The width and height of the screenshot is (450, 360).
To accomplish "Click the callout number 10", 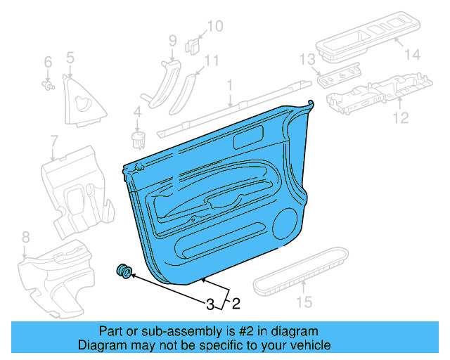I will [x=214, y=27].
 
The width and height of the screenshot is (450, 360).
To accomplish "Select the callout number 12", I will [x=400, y=117].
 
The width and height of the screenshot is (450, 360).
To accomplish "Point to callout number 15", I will [x=303, y=304].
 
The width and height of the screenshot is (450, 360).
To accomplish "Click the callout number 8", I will [x=25, y=236].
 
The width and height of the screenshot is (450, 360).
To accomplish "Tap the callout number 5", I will [x=70, y=57].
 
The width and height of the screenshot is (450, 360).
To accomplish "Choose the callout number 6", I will [x=48, y=63].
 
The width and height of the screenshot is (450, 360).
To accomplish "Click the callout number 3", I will [x=210, y=304].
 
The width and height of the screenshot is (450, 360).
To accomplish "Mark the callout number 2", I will [x=236, y=304].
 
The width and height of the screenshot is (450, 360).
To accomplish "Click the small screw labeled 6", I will [x=49, y=86].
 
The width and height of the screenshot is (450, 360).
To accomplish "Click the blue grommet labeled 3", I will [x=124, y=271].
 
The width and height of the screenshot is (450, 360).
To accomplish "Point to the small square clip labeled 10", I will [x=191, y=46].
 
